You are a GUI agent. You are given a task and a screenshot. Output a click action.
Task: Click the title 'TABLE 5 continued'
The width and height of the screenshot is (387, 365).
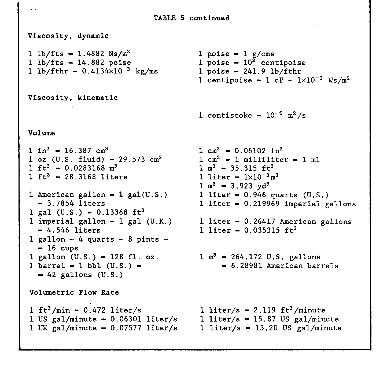tap(191, 18)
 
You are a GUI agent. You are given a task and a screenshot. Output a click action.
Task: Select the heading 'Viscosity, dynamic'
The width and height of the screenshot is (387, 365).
tap(68, 36)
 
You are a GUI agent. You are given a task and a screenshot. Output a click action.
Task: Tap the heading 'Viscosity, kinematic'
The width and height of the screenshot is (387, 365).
tap(73, 98)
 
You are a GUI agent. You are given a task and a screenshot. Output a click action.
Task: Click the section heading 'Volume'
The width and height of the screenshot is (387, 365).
tap(42, 133)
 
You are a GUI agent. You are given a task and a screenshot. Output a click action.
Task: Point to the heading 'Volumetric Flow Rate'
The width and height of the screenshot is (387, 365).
tap(74, 292)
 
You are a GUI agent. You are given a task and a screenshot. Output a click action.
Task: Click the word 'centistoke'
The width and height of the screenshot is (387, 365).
tap(230, 116)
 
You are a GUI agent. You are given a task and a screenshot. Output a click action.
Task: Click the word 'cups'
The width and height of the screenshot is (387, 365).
tap(69, 248)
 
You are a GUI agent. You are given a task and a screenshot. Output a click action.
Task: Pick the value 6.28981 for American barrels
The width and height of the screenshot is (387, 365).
tap(246, 266)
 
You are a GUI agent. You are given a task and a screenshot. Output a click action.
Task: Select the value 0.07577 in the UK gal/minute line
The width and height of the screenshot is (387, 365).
tap(126, 328)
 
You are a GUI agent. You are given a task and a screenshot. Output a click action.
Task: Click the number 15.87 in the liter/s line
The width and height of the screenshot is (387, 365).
tap(264, 319)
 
